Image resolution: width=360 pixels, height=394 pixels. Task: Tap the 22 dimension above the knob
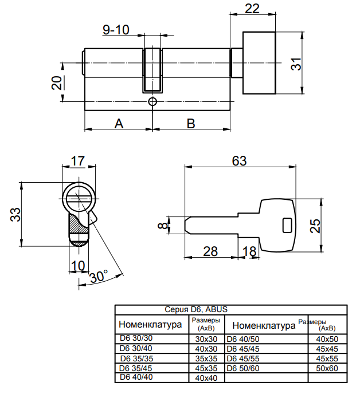pyautogui.click(x=252, y=9)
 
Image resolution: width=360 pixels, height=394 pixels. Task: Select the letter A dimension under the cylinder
pyautogui.click(x=119, y=123)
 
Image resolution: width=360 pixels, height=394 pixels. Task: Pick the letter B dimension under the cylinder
pyautogui.click(x=191, y=123)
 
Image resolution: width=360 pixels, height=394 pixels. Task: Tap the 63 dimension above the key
pyautogui.click(x=240, y=161)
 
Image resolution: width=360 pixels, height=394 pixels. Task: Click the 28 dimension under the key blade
pyautogui.click(x=210, y=251)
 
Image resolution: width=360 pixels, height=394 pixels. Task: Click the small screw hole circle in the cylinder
pyautogui.click(x=152, y=102)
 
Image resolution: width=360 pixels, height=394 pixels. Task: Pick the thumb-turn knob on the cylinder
pyautogui.click(x=260, y=63)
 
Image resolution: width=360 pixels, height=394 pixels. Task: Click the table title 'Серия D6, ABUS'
pyautogui.click(x=196, y=309)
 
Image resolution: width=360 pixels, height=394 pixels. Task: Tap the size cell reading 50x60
pyautogui.click(x=327, y=368)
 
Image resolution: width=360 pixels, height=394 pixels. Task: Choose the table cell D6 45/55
pyautogui.click(x=243, y=358)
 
